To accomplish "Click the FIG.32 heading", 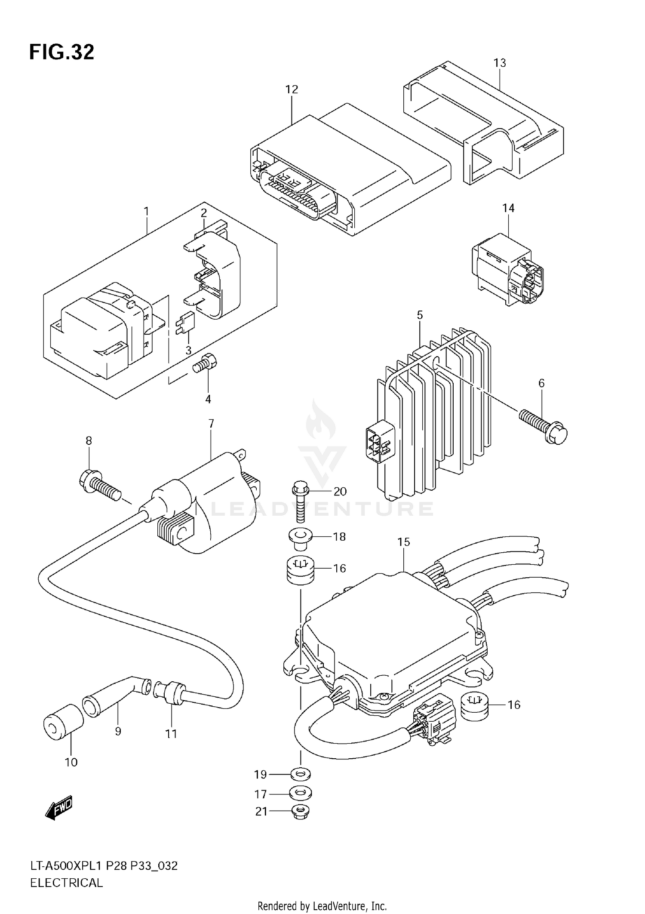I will tap(61, 52).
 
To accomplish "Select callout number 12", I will tap(292, 89).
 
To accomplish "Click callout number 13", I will tap(499, 63).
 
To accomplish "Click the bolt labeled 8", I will tap(99, 486).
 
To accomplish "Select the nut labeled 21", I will tap(301, 812).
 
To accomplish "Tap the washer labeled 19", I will tap(301, 775).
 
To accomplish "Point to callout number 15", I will tap(403, 542).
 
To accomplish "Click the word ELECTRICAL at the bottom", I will tap(67, 883).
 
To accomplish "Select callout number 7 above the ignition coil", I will tap(211, 424).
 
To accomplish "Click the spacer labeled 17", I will tap(301, 793).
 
